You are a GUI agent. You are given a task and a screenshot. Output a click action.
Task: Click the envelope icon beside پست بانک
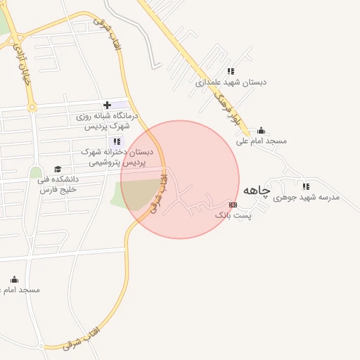tap(233, 205)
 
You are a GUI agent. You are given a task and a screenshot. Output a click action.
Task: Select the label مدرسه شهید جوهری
tap(306, 198)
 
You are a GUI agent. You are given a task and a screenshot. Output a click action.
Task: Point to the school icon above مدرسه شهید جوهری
tap(306, 186)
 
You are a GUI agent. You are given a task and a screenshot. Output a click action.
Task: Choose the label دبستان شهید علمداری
tap(231, 82)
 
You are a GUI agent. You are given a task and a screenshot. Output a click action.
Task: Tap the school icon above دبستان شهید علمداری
tap(231, 71)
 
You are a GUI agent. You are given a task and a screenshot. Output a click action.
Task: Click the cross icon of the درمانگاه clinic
tap(107, 105)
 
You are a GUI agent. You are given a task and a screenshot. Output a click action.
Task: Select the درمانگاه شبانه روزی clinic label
tap(107, 122)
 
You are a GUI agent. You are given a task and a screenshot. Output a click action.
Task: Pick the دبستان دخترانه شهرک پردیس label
tap(117, 156)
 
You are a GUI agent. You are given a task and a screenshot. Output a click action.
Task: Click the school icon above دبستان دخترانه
tap(117, 141)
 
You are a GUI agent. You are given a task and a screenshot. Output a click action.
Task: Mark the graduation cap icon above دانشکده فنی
tap(58, 169)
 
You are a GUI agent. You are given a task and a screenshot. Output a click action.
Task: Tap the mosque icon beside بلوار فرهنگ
tap(261, 130)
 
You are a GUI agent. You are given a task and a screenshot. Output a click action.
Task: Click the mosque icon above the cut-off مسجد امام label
tap(14, 280)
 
